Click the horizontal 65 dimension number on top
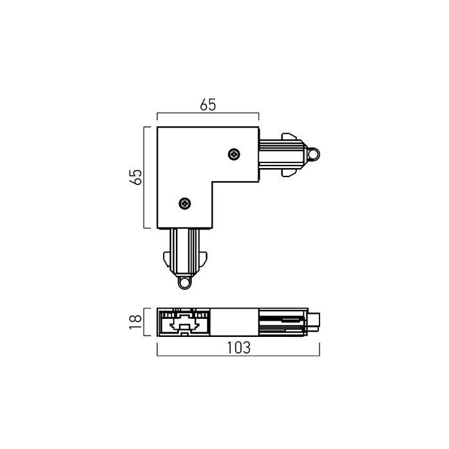[x=208, y=105]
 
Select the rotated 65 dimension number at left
[x=135, y=177]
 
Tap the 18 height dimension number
[x=135, y=322]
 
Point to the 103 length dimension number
[x=239, y=347]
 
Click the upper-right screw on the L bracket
[x=234, y=155]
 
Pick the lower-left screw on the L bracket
[x=185, y=204]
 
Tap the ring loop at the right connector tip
[x=313, y=155]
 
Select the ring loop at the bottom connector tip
[x=185, y=283]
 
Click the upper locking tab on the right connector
[x=289, y=137]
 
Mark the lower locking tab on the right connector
[x=289, y=173]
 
